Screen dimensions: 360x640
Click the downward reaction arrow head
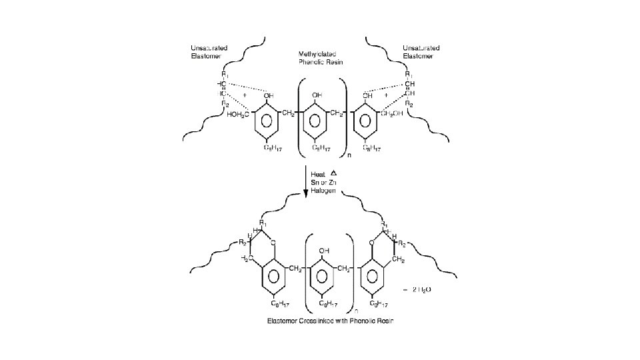click(x=306, y=193)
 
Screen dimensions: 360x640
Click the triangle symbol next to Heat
click(x=333, y=173)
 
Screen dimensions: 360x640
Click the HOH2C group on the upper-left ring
click(x=239, y=115)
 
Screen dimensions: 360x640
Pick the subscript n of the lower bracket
click(x=356, y=309)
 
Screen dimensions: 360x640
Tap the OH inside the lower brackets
click(x=324, y=251)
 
